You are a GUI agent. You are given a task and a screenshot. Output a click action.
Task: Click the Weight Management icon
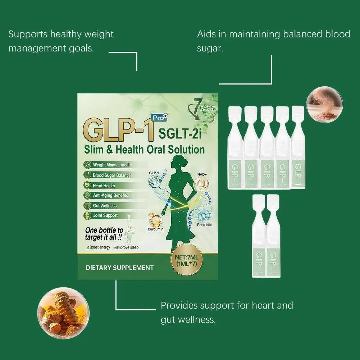[87, 165]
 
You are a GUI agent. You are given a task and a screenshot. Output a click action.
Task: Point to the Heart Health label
[104, 186]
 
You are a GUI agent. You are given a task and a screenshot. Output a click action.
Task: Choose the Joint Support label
[105, 215]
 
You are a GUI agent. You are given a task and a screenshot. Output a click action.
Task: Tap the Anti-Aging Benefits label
[110, 195]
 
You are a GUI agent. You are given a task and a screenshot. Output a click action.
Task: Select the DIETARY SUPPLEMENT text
[120, 268]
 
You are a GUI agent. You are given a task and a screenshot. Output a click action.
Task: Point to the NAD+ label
[201, 174]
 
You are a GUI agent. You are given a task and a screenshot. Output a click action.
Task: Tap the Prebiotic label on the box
[204, 225]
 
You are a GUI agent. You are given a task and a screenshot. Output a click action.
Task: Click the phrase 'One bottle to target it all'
[104, 234]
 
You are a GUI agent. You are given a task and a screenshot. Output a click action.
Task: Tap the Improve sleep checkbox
[115, 247]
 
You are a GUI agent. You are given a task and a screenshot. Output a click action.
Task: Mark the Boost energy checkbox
[87, 247]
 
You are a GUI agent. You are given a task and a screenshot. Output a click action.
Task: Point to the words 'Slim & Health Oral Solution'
[144, 149]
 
